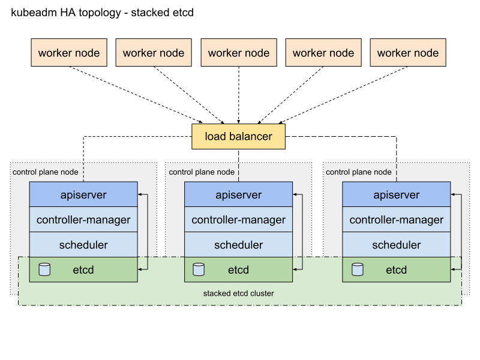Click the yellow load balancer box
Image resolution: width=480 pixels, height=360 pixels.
[238, 136]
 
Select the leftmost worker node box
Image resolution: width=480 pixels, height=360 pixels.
[69, 53]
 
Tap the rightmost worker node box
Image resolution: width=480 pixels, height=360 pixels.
[408, 53]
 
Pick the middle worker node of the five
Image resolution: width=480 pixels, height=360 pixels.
[239, 53]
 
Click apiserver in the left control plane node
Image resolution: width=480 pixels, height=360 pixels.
[83, 195]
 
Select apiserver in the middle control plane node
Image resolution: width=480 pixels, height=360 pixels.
[238, 195]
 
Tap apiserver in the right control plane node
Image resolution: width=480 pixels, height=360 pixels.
[396, 195]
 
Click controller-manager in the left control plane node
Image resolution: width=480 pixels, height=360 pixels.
[83, 220]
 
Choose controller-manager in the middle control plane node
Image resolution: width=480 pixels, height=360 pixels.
[238, 220]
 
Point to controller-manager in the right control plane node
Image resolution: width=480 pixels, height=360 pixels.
[396, 220]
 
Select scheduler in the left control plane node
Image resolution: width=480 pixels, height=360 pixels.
[83, 245]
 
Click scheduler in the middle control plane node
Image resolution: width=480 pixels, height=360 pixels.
[238, 245]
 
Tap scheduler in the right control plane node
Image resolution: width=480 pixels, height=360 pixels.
[396, 245]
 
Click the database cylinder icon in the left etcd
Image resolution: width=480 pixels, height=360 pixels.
[44, 269]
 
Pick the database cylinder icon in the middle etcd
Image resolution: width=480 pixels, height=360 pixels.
[199, 269]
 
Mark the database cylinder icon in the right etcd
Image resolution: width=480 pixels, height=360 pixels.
[358, 269]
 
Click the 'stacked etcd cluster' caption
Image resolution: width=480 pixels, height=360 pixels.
[239, 294]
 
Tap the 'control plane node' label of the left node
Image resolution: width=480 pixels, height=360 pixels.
[46, 172]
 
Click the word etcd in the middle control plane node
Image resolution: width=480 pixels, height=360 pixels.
[238, 270]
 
